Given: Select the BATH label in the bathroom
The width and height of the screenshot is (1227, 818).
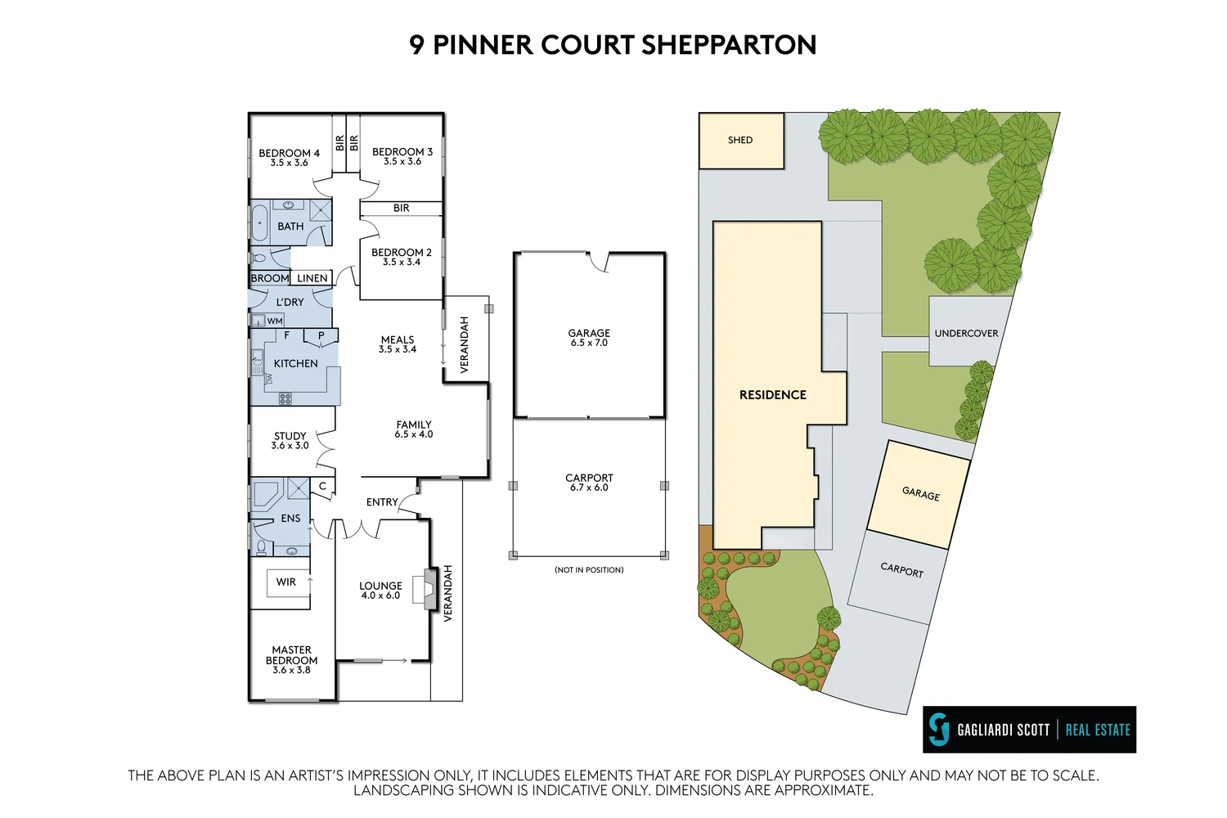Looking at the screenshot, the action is pos(290,227).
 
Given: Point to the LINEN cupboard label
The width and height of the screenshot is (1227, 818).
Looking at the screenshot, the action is pos(312,278).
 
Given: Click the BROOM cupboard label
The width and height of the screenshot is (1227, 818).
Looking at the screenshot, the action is pos(270,278).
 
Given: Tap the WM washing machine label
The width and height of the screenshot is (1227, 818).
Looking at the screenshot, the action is pos(275,321).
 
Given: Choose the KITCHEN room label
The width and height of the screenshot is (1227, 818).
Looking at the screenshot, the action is pos(295,363).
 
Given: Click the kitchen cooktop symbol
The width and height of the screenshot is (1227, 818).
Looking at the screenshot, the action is pos(285,398).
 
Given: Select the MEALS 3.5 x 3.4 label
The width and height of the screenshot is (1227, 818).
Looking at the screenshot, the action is pos(398,344).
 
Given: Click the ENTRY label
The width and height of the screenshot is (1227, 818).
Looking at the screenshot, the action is pos(382,502).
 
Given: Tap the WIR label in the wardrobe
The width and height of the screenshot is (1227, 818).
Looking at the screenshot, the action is pos(286,582).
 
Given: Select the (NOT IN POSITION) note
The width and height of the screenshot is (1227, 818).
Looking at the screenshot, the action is pos(589,569).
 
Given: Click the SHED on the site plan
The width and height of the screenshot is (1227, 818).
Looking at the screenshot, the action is pos(740,140).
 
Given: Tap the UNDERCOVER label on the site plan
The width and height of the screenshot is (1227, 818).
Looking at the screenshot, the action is pos(966,333).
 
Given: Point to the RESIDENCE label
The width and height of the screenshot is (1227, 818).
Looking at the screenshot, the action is pos(773,395).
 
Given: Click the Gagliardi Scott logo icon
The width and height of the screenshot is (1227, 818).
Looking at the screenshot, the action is pos(940,729).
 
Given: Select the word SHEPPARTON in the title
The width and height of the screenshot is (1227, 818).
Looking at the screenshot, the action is pos(729,45).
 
